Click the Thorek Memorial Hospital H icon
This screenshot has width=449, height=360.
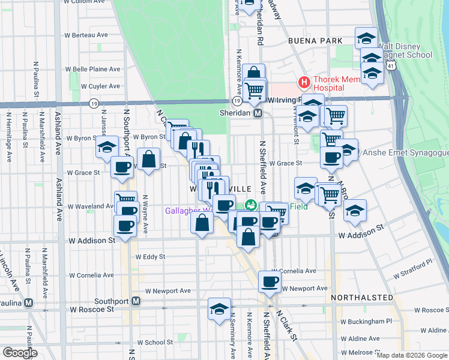pyautogui.click(x=304, y=82)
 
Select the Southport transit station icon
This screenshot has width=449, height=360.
pyautogui.click(x=137, y=301)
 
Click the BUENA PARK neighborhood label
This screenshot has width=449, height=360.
pyautogui.click(x=315, y=41)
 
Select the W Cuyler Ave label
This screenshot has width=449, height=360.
pyautogui.click(x=96, y=86)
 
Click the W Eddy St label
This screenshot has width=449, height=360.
pyautogui.click(x=150, y=256)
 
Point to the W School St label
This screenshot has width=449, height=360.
pyautogui.click(x=155, y=343)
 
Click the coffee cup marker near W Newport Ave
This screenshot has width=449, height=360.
pyautogui.click(x=270, y=281)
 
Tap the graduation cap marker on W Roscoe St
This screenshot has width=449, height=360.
pyautogui.click(x=219, y=308)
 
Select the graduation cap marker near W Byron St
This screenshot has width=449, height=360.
pyautogui.click(x=107, y=146)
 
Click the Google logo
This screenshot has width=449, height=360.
pyautogui.click(x=20, y=353)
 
